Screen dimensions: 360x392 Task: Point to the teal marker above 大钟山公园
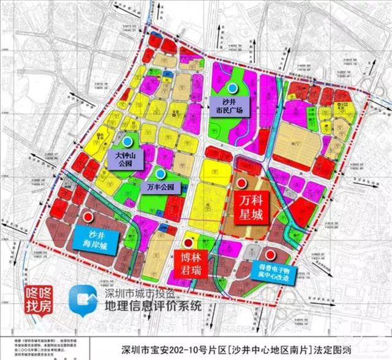[126, 141]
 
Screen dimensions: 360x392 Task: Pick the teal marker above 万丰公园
[159, 173]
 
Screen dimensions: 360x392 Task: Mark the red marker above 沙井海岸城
[88, 217]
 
